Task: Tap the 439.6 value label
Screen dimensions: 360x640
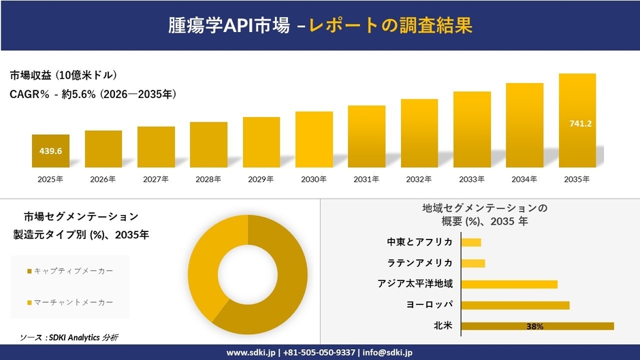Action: click(50, 151)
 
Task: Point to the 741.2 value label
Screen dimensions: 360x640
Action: click(580, 123)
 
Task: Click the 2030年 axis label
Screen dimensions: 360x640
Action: click(314, 179)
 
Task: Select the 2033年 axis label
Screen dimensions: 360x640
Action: click(472, 179)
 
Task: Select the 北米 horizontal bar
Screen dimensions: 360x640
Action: click(537, 326)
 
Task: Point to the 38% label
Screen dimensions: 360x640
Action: click(534, 327)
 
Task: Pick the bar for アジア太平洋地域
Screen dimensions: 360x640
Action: click(509, 284)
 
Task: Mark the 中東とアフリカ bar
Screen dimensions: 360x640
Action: click(471, 242)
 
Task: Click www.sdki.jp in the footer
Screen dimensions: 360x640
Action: click(251, 353)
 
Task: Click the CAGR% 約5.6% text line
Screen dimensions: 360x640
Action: click(93, 95)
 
